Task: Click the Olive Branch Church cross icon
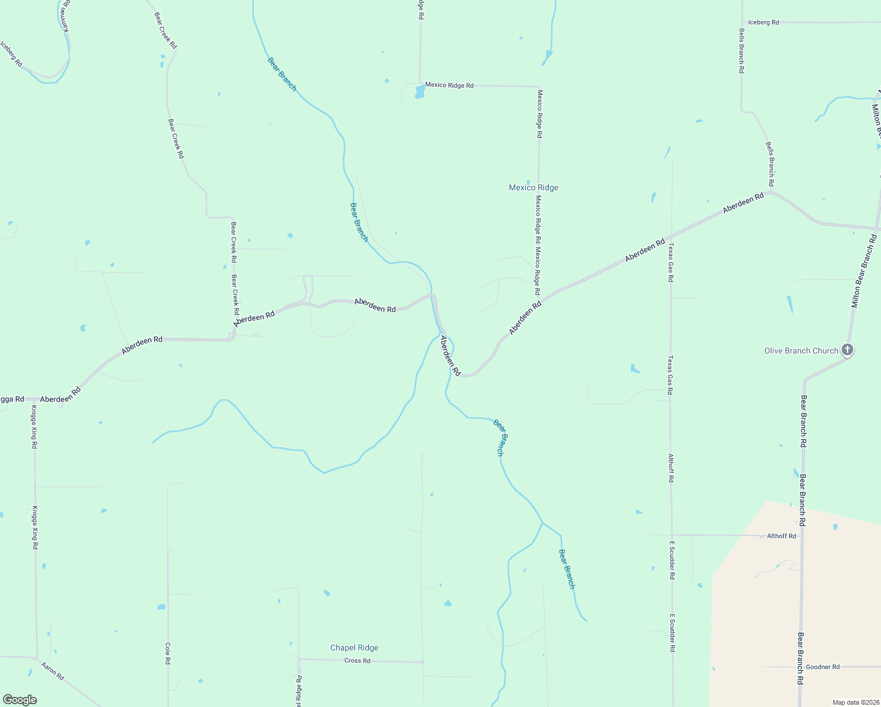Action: coord(847,350)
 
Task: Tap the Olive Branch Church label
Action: coord(801,351)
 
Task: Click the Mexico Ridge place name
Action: coord(534,187)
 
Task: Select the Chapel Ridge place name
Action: coord(354,647)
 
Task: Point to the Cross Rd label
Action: coord(357,660)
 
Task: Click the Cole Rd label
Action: coord(168,653)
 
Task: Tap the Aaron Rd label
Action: coord(52,670)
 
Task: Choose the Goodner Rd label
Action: coord(823,667)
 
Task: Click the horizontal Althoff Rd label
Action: coord(781,536)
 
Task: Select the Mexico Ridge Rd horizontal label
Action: coord(449,85)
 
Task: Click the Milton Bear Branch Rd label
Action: coord(865,271)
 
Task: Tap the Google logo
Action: coord(20,700)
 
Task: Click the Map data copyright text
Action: coord(855,702)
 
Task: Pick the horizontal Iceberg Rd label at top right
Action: coord(763,22)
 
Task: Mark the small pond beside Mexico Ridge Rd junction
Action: coord(419,92)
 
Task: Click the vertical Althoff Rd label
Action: coord(671,468)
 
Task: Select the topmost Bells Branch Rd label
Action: coord(741,51)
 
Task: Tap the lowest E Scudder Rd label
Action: coord(672,633)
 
